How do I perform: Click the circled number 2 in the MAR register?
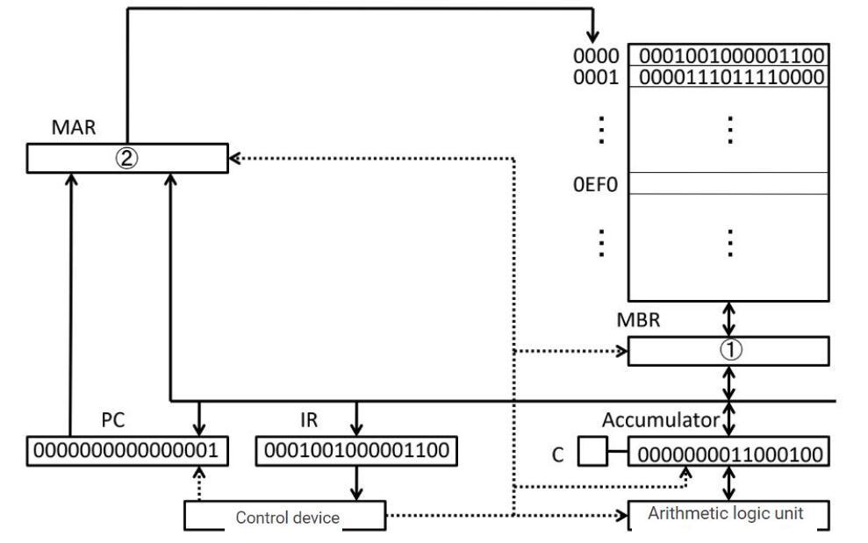click(x=127, y=159)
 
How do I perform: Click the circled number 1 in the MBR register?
click(x=730, y=350)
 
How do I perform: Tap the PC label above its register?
click(x=112, y=420)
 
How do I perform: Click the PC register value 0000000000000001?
click(x=129, y=451)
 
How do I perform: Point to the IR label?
click(x=309, y=420)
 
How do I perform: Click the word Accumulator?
click(x=660, y=420)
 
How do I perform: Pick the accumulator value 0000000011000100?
click(x=728, y=454)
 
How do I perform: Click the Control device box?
click(x=285, y=517)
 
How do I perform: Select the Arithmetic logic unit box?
click(x=727, y=514)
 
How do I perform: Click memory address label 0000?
click(x=596, y=55)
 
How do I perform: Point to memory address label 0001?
click(x=596, y=77)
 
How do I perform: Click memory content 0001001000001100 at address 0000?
click(x=730, y=55)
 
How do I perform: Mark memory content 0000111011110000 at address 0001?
click(x=730, y=77)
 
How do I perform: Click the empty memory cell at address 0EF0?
click(x=728, y=182)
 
